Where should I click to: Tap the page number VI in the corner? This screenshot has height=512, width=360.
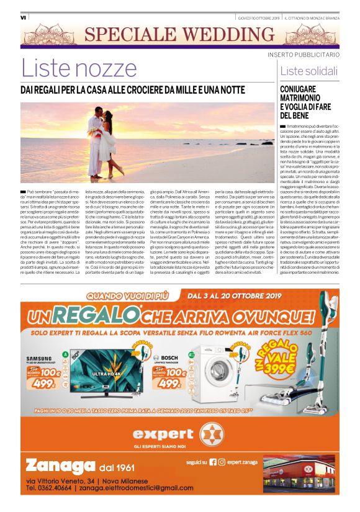point(23,17)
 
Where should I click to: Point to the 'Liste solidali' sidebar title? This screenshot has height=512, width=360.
point(304,71)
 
